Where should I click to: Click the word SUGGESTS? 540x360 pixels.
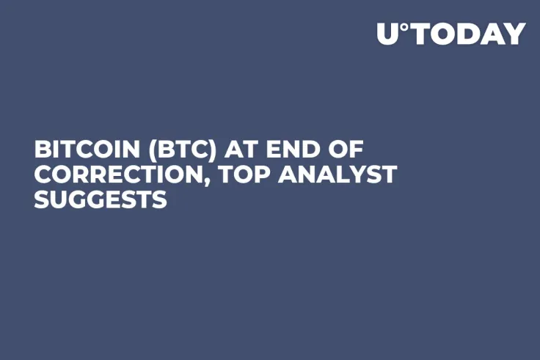click(x=101, y=199)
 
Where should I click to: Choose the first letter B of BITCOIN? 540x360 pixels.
click(x=41, y=150)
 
